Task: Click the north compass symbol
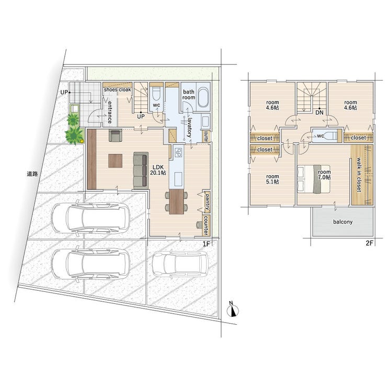[x=233, y=310]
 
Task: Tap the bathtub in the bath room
[x=203, y=97]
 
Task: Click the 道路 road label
[x=32, y=174]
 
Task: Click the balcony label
[x=343, y=222]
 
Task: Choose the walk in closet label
[x=359, y=175]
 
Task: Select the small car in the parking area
[x=180, y=264]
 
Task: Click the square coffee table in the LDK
[x=115, y=161]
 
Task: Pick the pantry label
[x=207, y=202]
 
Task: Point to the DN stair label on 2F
[x=320, y=112]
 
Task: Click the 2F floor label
[x=369, y=243]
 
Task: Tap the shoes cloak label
[x=117, y=89]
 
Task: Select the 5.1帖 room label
[x=272, y=179]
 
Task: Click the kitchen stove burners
[x=178, y=153]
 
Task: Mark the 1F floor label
[x=206, y=244]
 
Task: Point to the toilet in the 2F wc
[x=331, y=135]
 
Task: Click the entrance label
[x=110, y=112]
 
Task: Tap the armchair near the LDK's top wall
[x=115, y=135]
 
